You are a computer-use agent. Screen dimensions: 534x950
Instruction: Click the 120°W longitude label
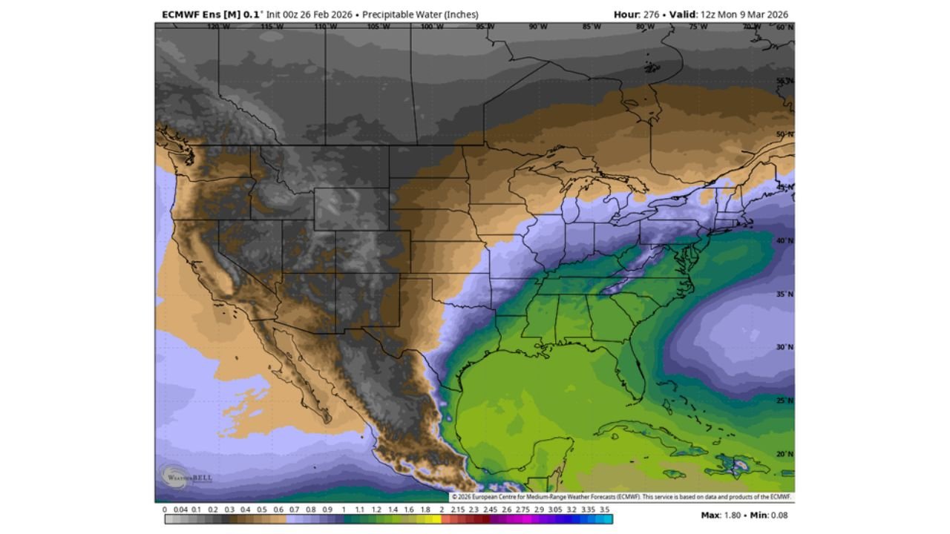tap(218, 27)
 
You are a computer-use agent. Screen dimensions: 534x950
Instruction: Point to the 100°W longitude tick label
tap(431, 27)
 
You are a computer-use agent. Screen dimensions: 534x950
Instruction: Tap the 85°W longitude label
tap(592, 27)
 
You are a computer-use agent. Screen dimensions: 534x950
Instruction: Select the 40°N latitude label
tap(784, 241)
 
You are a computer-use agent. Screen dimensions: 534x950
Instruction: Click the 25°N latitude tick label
tap(784, 400)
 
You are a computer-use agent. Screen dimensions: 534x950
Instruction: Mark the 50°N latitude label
tap(784, 134)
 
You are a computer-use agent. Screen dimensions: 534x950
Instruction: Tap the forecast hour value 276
tap(651, 15)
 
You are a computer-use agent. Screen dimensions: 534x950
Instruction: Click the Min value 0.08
tap(779, 515)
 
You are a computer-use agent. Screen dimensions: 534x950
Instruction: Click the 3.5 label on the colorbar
tap(604, 510)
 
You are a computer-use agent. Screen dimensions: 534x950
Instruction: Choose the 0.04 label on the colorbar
tap(180, 510)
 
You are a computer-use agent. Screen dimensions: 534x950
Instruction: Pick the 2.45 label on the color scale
tap(490, 510)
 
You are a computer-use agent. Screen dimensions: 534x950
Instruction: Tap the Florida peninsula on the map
tap(632, 375)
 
